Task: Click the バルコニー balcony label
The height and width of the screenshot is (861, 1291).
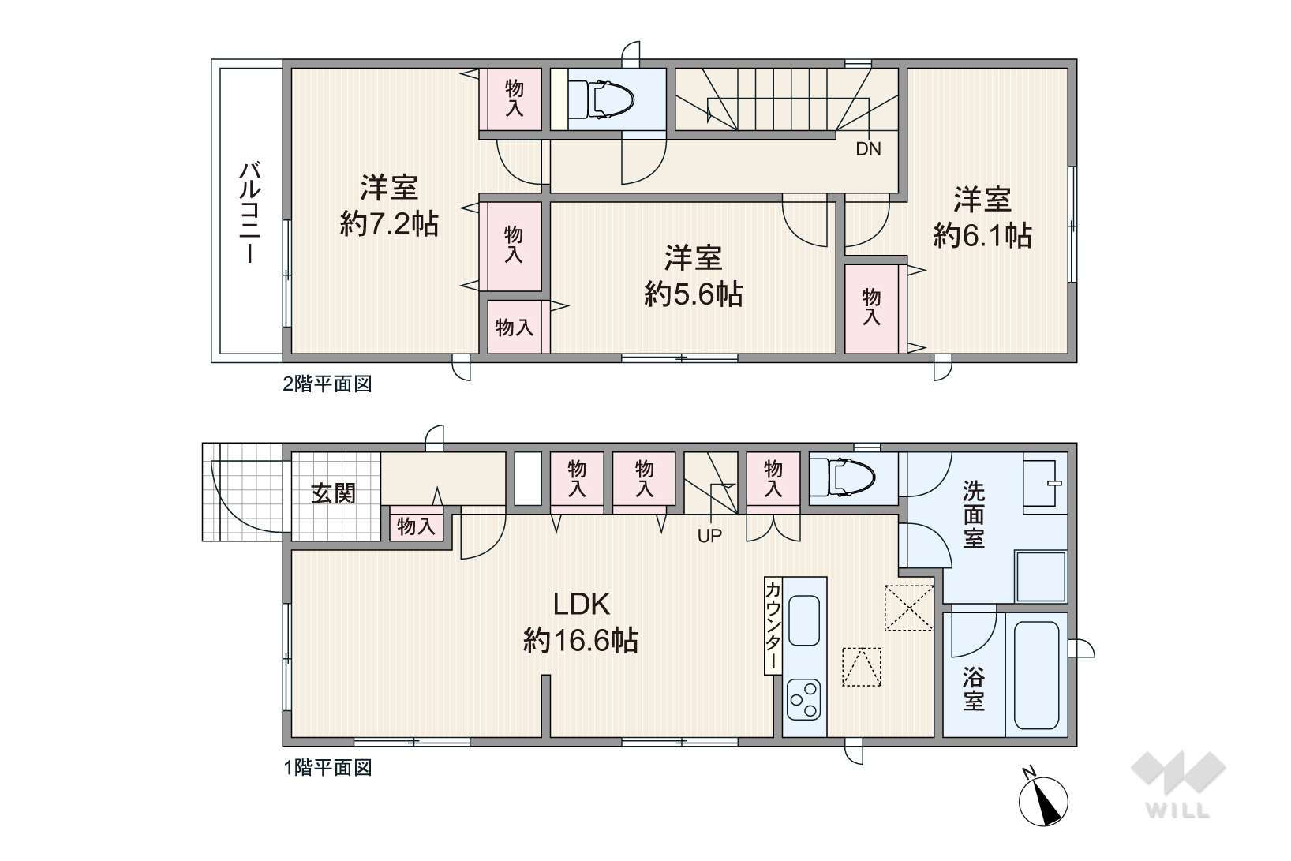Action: point(250,212)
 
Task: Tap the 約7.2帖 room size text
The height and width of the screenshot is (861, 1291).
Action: point(389,224)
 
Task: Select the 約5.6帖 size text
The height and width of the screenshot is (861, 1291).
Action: point(694,294)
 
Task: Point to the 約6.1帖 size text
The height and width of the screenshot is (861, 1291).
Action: point(982,236)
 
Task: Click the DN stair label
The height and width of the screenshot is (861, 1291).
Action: point(869,149)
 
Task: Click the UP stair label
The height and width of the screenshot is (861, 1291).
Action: point(709,536)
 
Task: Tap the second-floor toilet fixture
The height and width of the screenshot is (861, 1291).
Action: point(601,99)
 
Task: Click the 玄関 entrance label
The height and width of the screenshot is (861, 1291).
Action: point(333,494)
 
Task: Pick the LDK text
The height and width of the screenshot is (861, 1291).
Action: point(582,605)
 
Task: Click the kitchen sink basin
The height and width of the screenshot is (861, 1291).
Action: point(804,620)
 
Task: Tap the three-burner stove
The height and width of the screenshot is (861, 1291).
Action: point(804,700)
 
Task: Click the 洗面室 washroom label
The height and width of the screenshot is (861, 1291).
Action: point(974,515)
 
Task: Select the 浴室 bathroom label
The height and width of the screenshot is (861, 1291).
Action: point(974,689)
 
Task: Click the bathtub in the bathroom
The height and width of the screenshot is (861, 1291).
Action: point(1036,676)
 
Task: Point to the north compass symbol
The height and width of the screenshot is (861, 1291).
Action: point(1043,800)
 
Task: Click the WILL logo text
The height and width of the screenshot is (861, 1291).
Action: point(1177,810)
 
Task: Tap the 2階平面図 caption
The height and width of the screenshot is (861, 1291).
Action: point(327,384)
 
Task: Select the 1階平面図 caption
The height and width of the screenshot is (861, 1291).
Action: point(327,768)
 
